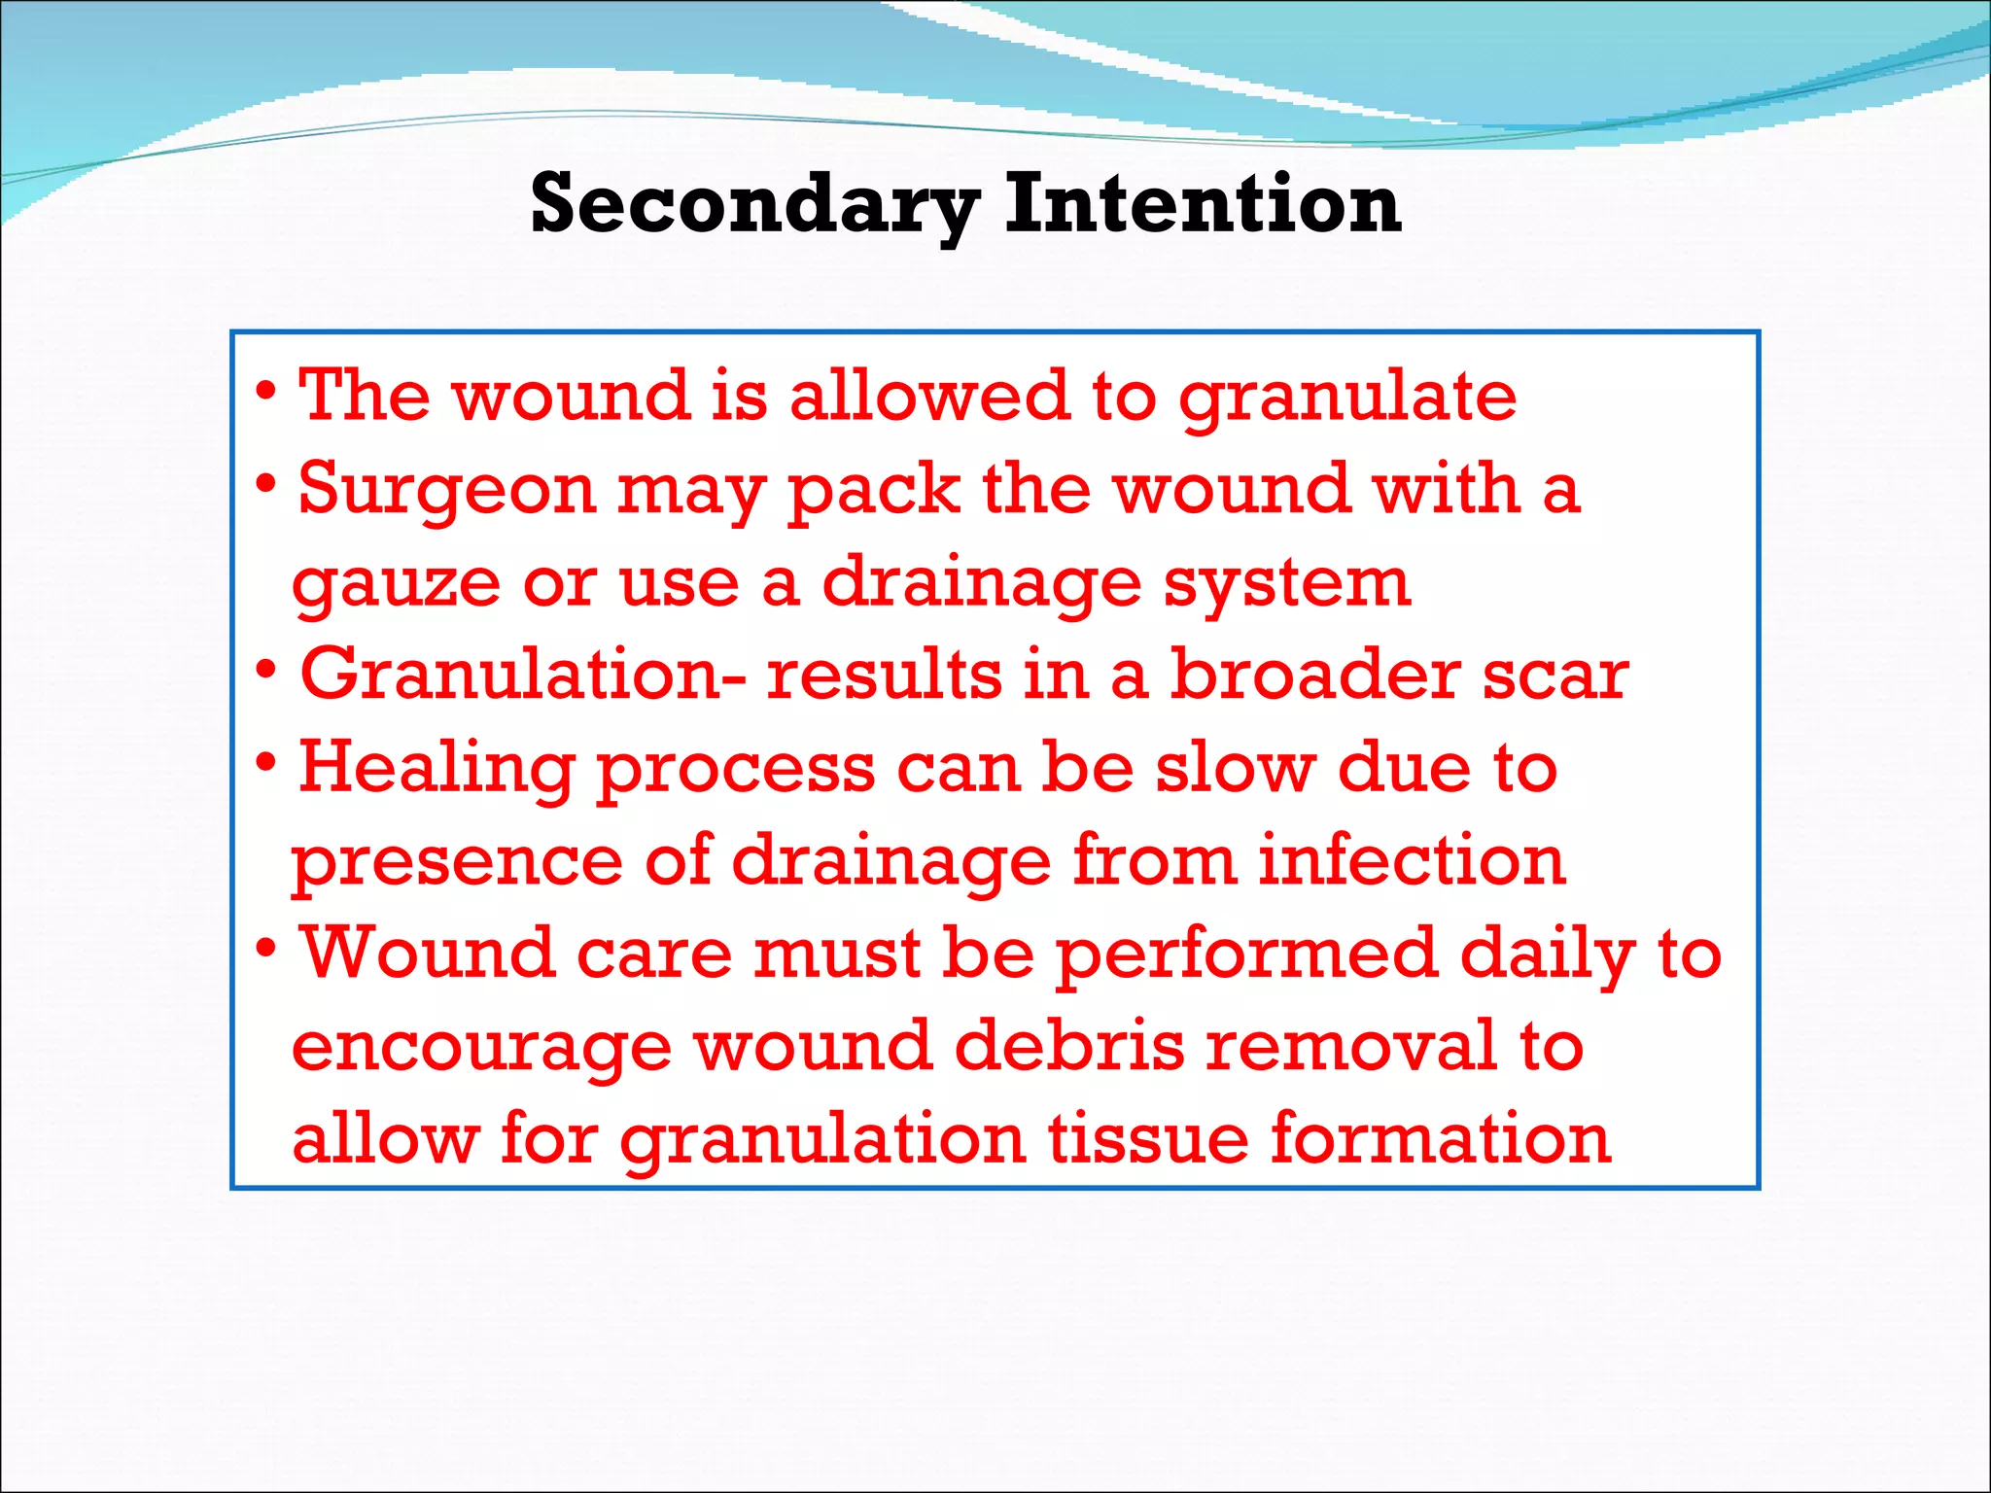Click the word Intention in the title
1203,204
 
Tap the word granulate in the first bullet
1347,399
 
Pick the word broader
1314,675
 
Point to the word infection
1412,861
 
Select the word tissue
1147,1138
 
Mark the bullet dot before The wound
266,391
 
